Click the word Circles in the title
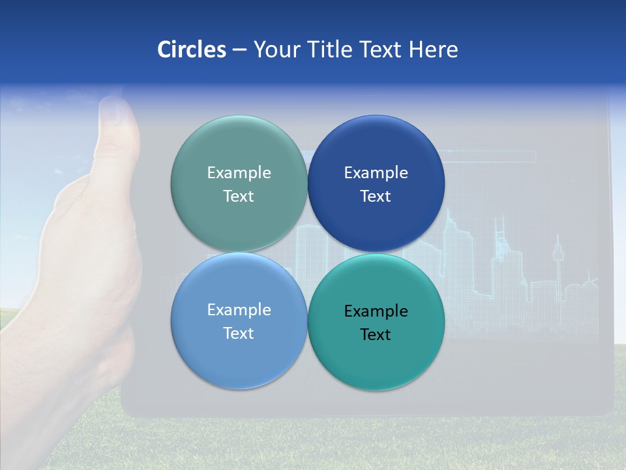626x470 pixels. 192,50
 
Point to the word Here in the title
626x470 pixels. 434,50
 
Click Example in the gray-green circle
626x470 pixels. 239,172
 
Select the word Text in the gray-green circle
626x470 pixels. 239,196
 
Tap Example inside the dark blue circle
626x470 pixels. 376,172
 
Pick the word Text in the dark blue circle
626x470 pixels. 376,196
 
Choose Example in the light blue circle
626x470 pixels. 239,309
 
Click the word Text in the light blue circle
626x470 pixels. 239,333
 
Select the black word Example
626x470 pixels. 376,311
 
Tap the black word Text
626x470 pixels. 376,334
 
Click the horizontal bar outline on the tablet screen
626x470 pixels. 489,156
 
